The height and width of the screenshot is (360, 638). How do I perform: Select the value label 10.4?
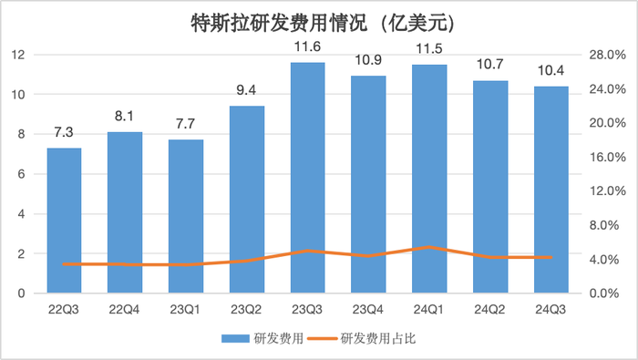click(551, 70)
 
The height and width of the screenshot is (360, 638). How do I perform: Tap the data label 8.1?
click(126, 116)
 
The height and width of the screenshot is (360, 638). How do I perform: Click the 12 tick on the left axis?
click(15, 55)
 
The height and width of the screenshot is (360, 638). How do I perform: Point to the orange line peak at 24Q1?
click(429, 247)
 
